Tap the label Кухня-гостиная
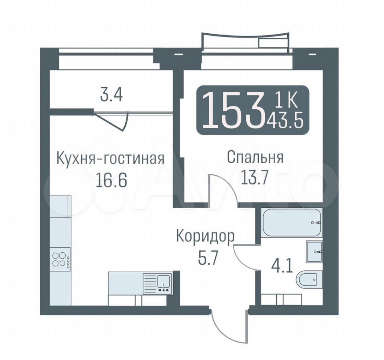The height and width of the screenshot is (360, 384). tap(110, 159)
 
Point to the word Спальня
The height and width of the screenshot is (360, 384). tap(255, 157)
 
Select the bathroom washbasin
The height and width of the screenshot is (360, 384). tap(314, 252)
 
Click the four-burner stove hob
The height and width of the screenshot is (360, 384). tap(60, 259)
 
